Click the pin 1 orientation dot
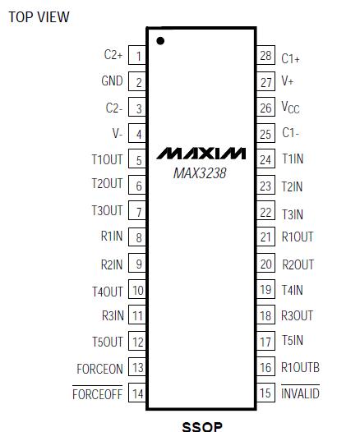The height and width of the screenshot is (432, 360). (160, 41)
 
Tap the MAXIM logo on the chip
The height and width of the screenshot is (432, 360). (201, 154)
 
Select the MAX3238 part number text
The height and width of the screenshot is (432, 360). (200, 173)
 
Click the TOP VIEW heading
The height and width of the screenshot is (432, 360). (39, 17)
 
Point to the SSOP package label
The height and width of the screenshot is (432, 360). (202, 426)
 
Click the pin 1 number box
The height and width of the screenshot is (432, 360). (137, 56)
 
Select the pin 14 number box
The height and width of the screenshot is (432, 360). (137, 393)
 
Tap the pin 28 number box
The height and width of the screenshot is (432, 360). (265, 55)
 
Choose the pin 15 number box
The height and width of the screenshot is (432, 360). (265, 393)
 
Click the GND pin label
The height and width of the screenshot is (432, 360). (112, 80)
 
